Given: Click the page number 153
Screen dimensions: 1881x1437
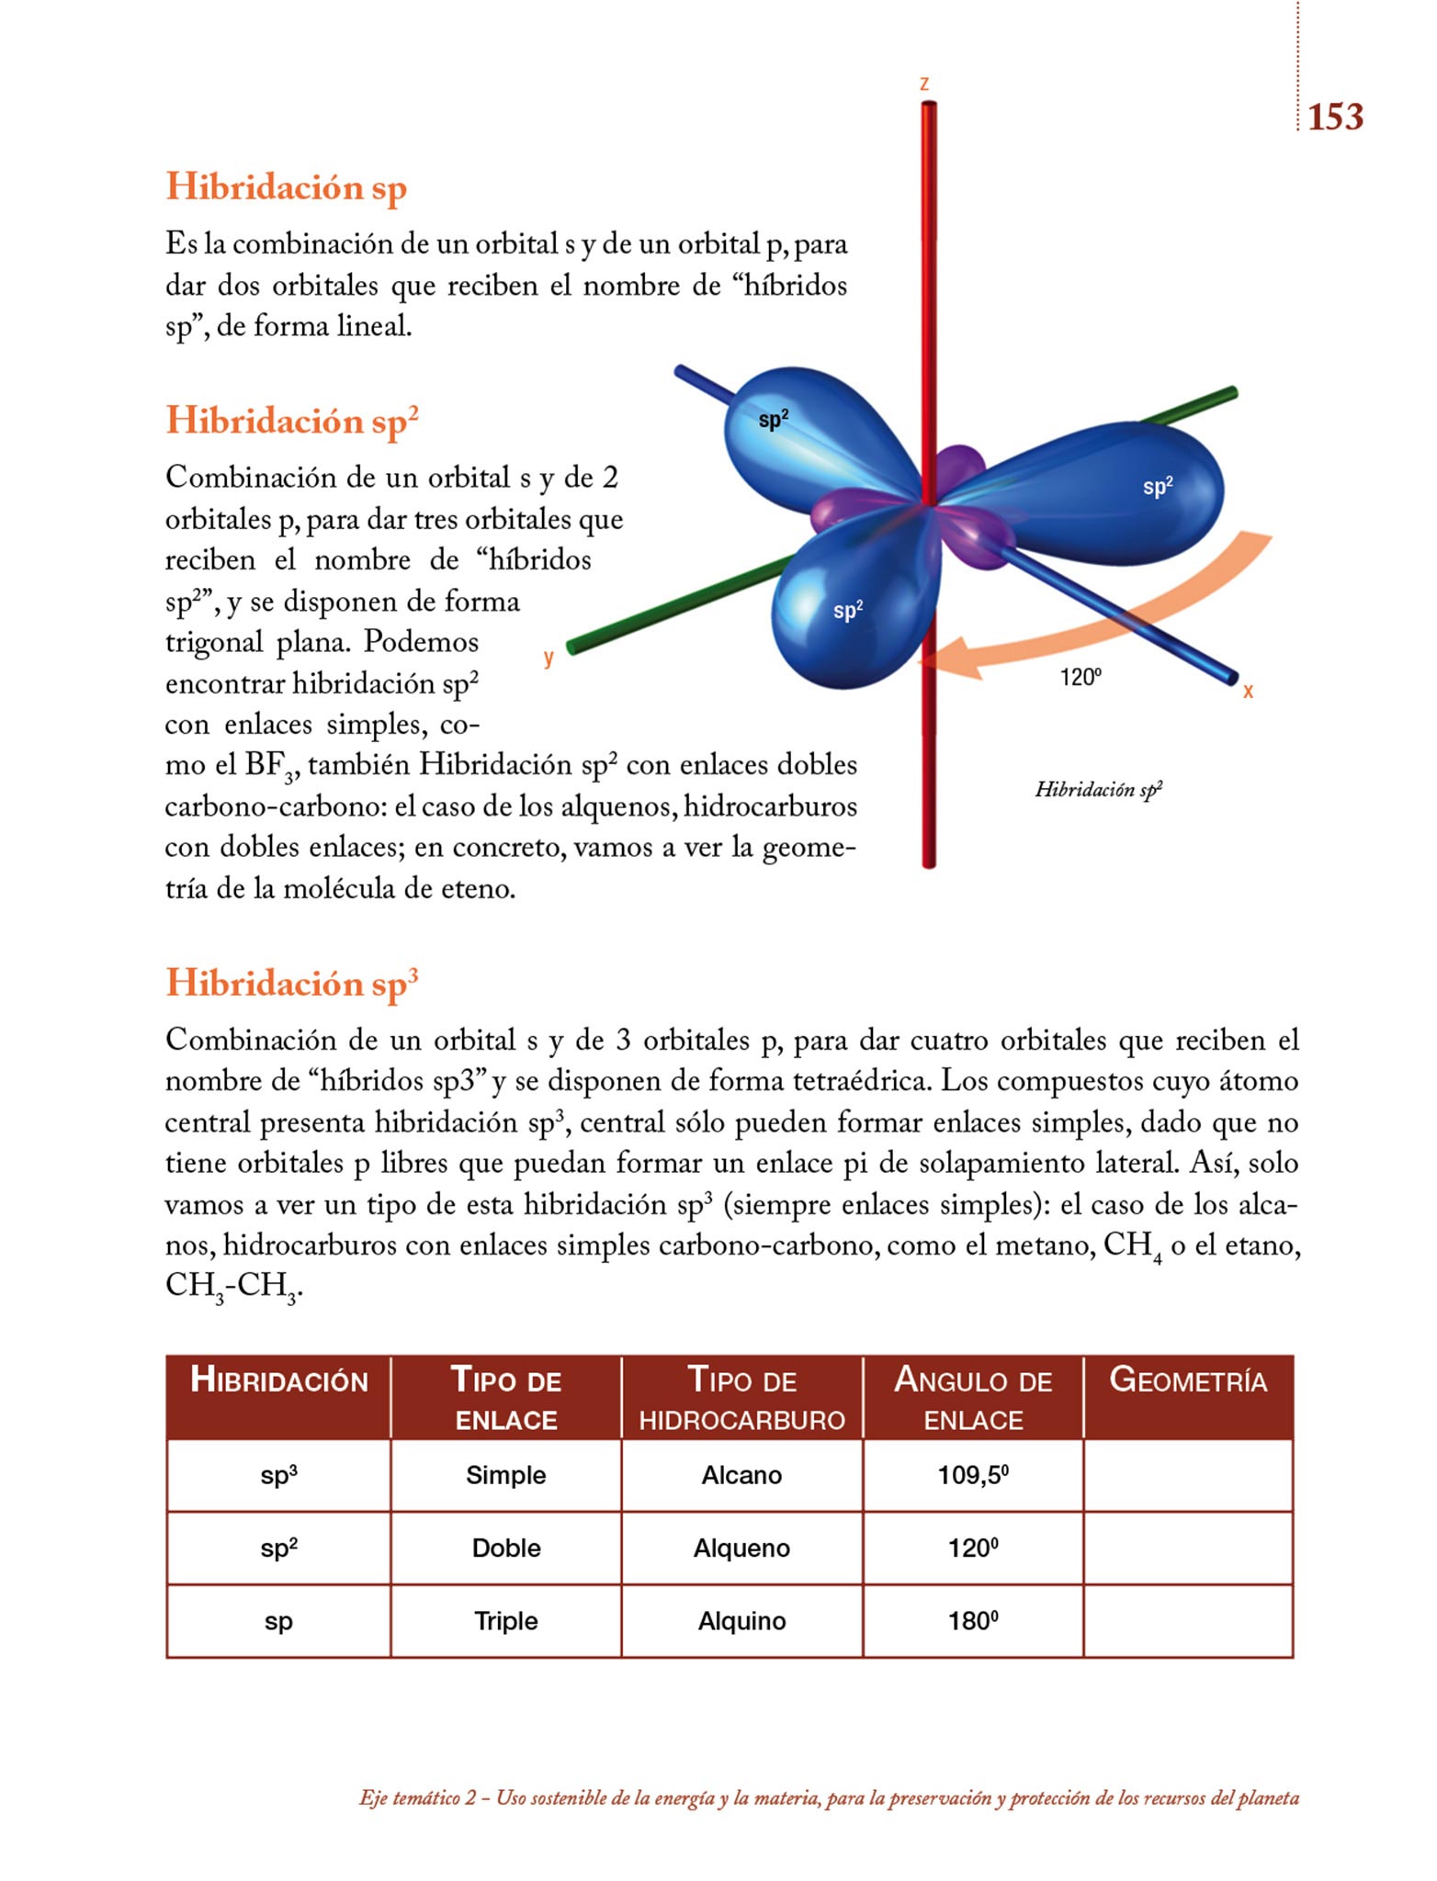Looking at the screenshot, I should coord(1335,118).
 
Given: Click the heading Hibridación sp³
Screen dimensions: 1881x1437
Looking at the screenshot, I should coord(291,984).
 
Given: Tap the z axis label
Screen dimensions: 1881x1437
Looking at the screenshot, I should coord(924,84).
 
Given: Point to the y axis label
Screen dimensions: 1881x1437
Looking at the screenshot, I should coord(549,657).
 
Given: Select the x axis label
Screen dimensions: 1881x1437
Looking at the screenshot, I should coord(1248,691).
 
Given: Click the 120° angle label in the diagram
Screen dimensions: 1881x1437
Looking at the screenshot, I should coord(1080,678).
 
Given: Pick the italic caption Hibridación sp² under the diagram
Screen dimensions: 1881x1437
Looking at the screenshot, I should coord(1098,790).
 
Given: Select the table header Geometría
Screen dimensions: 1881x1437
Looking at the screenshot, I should coord(1188,1380).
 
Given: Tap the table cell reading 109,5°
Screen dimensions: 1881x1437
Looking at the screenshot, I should coord(973,1475).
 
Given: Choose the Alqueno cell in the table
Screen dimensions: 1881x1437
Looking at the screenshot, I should coord(741,1549).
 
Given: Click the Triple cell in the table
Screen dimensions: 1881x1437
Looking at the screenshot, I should coord(505,1621).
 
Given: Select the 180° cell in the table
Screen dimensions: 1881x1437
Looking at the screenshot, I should coord(973,1621).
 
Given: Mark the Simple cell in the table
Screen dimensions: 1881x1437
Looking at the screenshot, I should coord(505,1475).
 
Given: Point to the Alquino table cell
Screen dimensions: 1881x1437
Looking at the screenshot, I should coord(741,1621).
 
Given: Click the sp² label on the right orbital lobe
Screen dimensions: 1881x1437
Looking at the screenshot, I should coord(1158,487).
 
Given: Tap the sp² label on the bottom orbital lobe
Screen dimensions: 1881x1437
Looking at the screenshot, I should coord(847,610).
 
